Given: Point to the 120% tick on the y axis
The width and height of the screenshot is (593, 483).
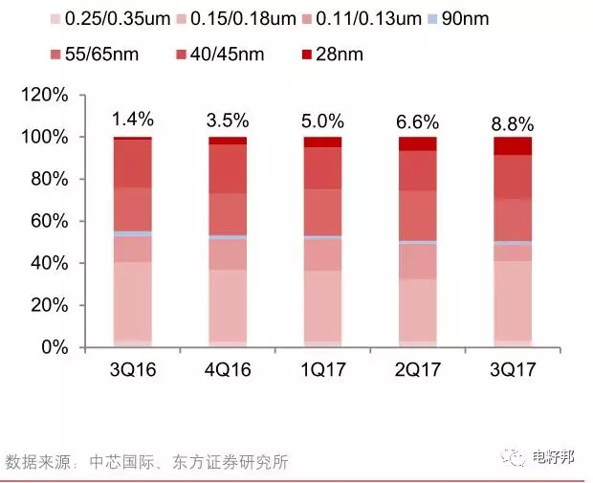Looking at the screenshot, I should point(45,96).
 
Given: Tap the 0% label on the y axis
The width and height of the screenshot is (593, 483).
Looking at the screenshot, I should point(54,348).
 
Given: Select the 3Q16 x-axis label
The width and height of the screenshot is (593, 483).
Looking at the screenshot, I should point(132,369).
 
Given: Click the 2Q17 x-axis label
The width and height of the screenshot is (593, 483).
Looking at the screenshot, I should point(417,369).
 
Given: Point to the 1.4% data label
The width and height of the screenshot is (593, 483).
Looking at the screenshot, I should point(132,121).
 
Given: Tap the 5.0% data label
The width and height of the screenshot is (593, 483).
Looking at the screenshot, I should point(322,121).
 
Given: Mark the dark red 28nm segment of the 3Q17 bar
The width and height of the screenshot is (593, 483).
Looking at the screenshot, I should point(513,145).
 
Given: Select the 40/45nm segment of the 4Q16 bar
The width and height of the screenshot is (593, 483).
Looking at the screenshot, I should point(228,169).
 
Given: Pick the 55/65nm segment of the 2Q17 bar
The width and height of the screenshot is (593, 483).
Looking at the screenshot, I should point(417,215).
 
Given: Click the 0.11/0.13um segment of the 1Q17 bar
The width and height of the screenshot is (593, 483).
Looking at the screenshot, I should point(322,254).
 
